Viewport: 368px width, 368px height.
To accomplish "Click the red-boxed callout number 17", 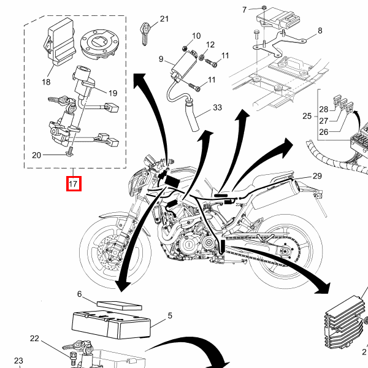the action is (73, 183).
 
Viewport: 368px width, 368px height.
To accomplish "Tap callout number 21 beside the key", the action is (164, 19).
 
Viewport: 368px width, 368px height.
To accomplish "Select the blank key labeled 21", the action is (145, 34).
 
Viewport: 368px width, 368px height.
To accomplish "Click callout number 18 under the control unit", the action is (46, 82).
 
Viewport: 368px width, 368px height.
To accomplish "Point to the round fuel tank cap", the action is (99, 45).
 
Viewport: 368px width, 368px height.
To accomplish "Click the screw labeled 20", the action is (70, 153).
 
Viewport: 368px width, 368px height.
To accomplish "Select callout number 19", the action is (113, 93).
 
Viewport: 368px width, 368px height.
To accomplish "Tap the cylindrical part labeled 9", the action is (185, 64).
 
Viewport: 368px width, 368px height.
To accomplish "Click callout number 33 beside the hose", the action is (217, 107).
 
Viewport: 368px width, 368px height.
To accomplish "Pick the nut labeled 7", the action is (263, 7).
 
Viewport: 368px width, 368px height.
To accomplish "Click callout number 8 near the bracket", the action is (320, 31).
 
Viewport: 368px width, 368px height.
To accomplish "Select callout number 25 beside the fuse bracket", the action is (307, 116).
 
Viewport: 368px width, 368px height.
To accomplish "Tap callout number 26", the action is (324, 132).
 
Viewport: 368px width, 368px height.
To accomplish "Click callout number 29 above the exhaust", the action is (317, 176).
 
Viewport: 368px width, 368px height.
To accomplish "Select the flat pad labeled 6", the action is (119, 305).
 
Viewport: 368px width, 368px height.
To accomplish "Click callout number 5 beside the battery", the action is (170, 316).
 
